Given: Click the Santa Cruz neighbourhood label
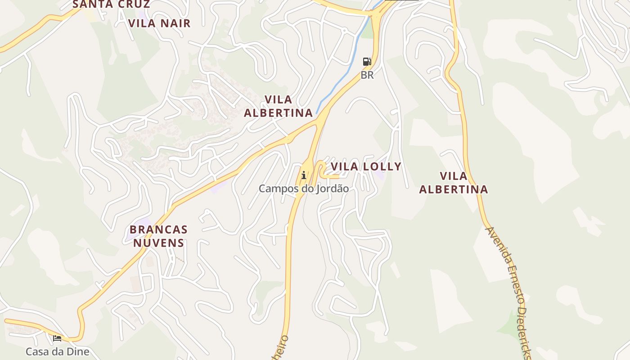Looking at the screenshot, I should click(x=111, y=4).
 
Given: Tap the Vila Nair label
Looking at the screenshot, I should click(x=159, y=23).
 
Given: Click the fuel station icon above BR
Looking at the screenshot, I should click(x=367, y=62).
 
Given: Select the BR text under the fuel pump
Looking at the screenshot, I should click(x=367, y=75).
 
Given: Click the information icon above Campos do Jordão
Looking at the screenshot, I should click(x=304, y=175).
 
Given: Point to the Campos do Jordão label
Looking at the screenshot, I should click(x=303, y=189).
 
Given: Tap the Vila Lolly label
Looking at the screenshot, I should click(x=366, y=166).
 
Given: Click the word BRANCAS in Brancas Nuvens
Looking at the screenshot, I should click(x=158, y=229).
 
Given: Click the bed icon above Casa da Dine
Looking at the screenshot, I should click(x=57, y=338).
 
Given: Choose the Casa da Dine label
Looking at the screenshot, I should click(x=57, y=351).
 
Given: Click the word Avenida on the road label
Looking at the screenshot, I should click(x=496, y=245).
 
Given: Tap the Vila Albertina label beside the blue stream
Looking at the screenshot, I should click(x=278, y=106).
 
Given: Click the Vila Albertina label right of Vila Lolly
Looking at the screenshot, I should click(x=453, y=183).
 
